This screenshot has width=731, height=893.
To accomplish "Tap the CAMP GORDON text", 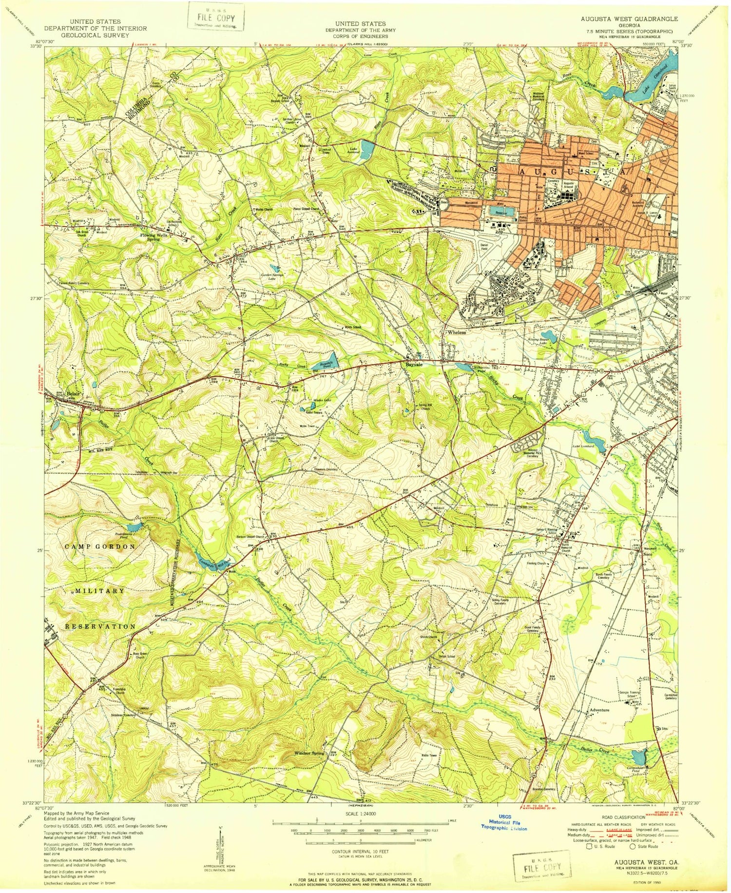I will point(100,547).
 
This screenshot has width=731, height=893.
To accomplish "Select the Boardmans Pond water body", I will point(135,527).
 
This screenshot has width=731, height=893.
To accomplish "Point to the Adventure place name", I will point(599,710).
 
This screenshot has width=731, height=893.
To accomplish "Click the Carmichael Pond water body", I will point(638,758).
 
